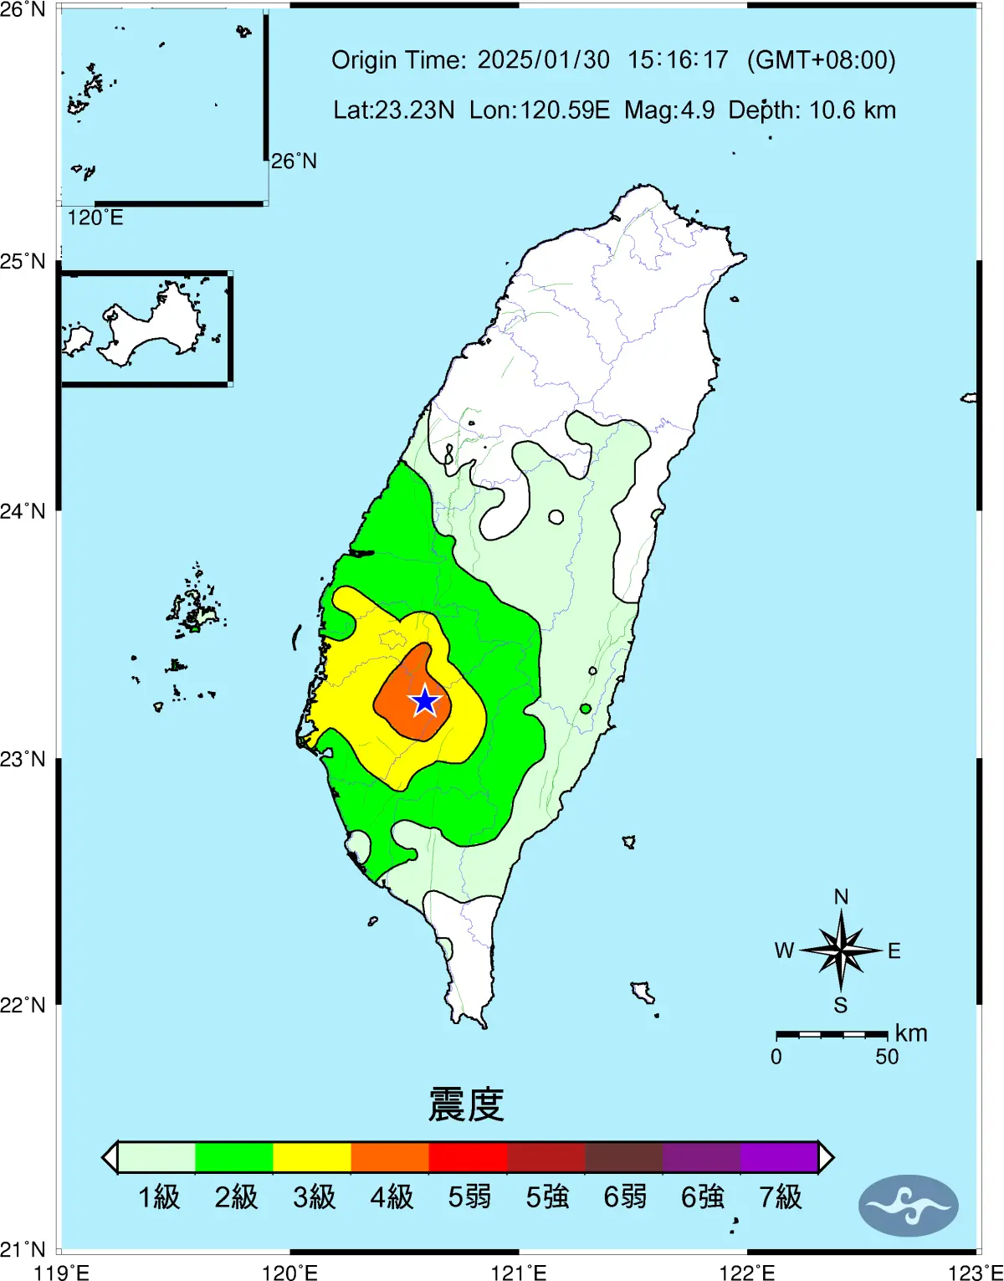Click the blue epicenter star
pyautogui.click(x=425, y=701)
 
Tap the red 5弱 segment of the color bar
pyautogui.click(x=468, y=1157)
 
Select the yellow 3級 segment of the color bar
pyautogui.click(x=312, y=1157)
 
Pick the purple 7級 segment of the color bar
pyautogui.click(x=779, y=1157)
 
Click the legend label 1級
pyautogui.click(x=159, y=1197)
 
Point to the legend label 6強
pyautogui.click(x=702, y=1197)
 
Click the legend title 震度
pyautogui.click(x=466, y=1104)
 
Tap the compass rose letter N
pyautogui.click(x=841, y=897)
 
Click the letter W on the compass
pyautogui.click(x=784, y=951)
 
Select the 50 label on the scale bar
pyautogui.click(x=887, y=1057)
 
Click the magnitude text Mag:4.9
pyautogui.click(x=669, y=110)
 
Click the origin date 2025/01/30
pyautogui.click(x=544, y=60)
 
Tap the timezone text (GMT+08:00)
pyautogui.click(x=821, y=60)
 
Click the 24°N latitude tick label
pyautogui.click(x=23, y=510)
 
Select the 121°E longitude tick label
pyautogui.click(x=519, y=1273)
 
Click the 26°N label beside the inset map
pyautogui.click(x=294, y=161)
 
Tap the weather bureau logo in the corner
pyautogui.click(x=908, y=1206)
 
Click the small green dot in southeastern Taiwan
pyautogui.click(x=586, y=709)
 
